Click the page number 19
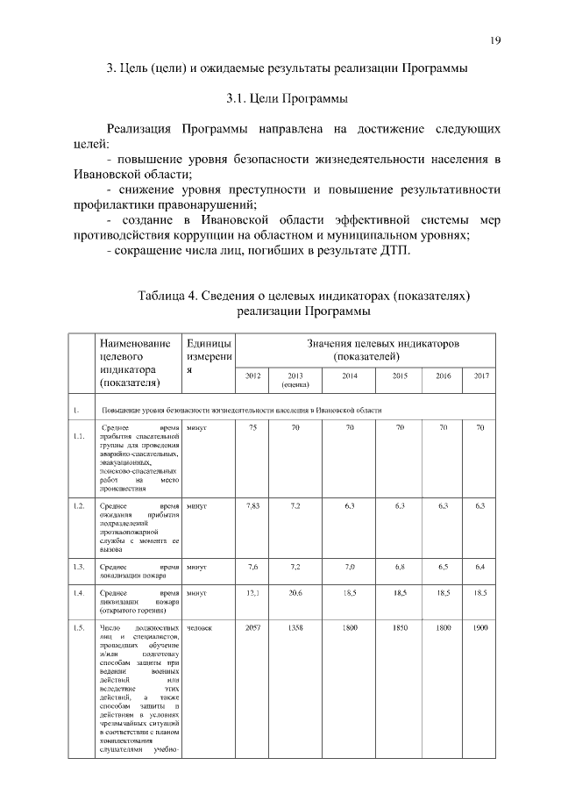point(495,40)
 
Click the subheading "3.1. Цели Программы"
point(280,97)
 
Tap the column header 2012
point(253,376)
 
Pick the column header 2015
point(400,376)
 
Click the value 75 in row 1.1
point(253,427)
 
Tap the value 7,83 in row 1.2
point(253,506)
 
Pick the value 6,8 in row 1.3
point(400,567)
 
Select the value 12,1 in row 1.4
point(253,593)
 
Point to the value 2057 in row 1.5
point(253,629)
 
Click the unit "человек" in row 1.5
point(200,629)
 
